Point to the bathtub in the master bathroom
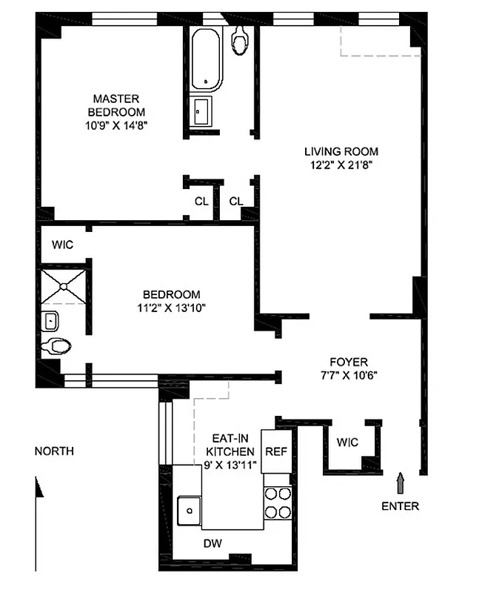pyautogui.click(x=202, y=59)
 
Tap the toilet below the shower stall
pyautogui.click(x=56, y=346)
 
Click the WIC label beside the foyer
pyautogui.click(x=347, y=443)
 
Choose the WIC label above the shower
pyautogui.click(x=62, y=244)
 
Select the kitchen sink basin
pyautogui.click(x=190, y=509)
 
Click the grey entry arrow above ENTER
pyautogui.click(x=401, y=483)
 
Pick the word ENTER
pyautogui.click(x=400, y=506)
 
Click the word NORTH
pyautogui.click(x=54, y=451)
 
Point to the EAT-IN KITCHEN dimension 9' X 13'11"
pyautogui.click(x=230, y=465)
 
